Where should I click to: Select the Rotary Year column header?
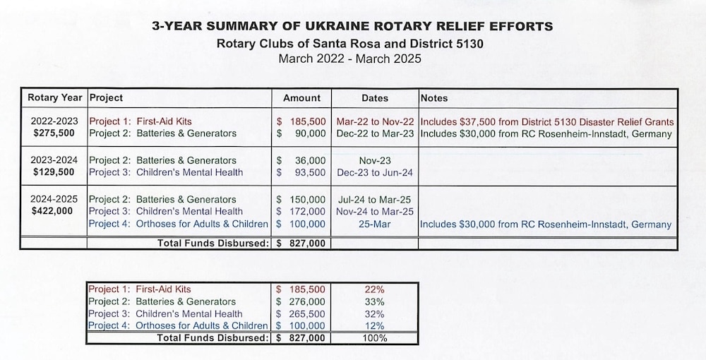click(x=55, y=97)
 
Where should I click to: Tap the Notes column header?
click(x=434, y=98)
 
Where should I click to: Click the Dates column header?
click(x=375, y=98)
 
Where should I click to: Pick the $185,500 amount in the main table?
click(x=301, y=121)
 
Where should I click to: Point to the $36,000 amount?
click(x=301, y=161)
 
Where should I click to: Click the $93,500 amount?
click(x=301, y=172)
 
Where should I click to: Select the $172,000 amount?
click(x=301, y=212)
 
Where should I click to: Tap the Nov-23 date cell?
click(x=375, y=161)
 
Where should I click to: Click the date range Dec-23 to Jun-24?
click(x=375, y=172)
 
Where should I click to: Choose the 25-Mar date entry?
click(x=375, y=224)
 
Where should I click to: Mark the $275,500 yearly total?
click(x=54, y=133)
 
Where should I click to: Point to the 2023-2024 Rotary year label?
click(x=54, y=160)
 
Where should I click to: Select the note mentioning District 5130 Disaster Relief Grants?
click(x=547, y=122)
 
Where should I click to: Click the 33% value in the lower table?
click(x=375, y=301)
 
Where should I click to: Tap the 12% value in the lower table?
click(x=375, y=326)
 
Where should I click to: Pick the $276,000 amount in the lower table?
click(x=300, y=301)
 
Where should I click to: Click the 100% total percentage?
click(x=375, y=338)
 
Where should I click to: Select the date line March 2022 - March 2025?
click(x=350, y=59)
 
